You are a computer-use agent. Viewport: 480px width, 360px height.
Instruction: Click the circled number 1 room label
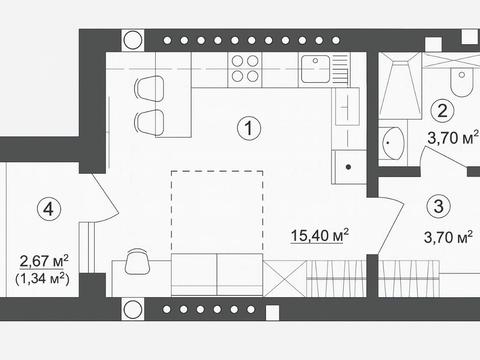(249, 128)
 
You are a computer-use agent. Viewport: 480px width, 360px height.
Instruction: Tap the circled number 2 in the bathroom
(442, 111)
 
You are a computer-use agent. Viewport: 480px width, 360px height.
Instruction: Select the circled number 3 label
(439, 206)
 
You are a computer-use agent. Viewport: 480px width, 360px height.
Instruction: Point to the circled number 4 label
(49, 209)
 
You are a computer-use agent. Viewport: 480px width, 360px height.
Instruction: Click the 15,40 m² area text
(320, 235)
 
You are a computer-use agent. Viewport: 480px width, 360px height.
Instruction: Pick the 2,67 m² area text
(44, 261)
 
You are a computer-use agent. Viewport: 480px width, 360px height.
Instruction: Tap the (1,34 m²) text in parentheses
(42, 279)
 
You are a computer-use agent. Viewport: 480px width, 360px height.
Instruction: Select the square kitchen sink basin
(315, 69)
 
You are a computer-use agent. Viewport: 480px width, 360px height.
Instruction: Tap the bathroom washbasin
(393, 143)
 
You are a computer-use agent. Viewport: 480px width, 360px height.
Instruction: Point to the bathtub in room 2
(400, 86)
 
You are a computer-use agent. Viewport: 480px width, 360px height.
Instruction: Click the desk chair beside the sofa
(137, 261)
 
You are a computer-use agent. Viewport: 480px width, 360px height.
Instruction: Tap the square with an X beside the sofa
(284, 278)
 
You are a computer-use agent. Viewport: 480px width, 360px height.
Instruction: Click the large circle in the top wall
(133, 40)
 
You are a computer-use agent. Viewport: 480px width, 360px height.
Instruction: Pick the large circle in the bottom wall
(133, 309)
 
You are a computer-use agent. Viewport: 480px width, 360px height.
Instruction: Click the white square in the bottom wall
(272, 313)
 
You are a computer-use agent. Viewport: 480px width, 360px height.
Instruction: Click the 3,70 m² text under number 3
(448, 237)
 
